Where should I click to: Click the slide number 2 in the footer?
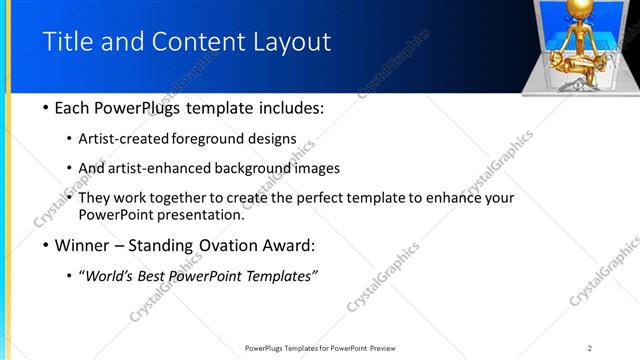[x=590, y=348]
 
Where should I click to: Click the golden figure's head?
[x=577, y=9]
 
